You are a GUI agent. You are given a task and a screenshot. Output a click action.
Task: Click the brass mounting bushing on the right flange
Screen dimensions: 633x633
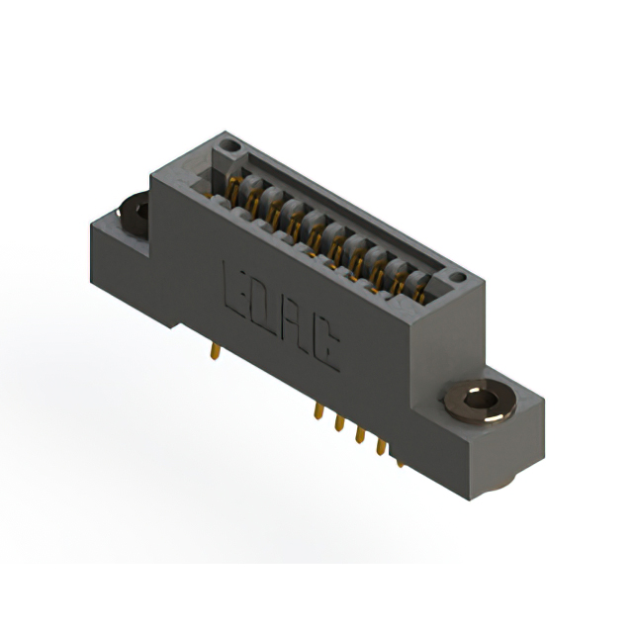click(x=480, y=402)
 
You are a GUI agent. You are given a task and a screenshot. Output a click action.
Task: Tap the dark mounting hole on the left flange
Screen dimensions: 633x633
click(x=135, y=214)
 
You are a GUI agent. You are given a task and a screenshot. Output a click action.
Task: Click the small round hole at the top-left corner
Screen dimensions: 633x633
click(x=229, y=144)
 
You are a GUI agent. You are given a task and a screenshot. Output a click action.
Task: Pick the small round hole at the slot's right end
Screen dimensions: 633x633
click(x=457, y=277)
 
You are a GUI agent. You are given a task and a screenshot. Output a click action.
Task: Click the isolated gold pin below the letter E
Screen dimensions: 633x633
click(x=216, y=351)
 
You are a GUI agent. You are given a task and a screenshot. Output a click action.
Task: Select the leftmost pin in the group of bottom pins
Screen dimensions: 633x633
click(x=318, y=411)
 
